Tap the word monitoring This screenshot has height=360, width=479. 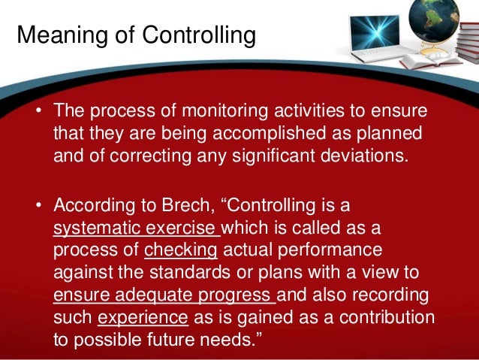[x=202, y=111]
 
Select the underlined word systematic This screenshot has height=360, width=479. [x=95, y=226]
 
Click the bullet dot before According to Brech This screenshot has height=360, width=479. [x=38, y=205]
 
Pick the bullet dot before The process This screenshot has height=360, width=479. [x=38, y=111]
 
